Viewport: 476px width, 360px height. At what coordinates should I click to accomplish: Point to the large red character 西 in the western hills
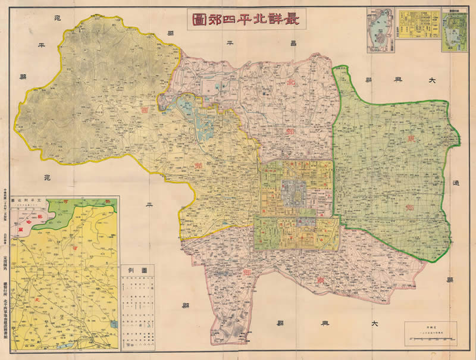(x=143, y=110)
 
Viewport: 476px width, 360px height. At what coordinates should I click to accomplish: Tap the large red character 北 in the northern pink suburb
(x=291, y=82)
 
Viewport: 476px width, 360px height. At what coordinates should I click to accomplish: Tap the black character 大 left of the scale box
(x=375, y=324)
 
